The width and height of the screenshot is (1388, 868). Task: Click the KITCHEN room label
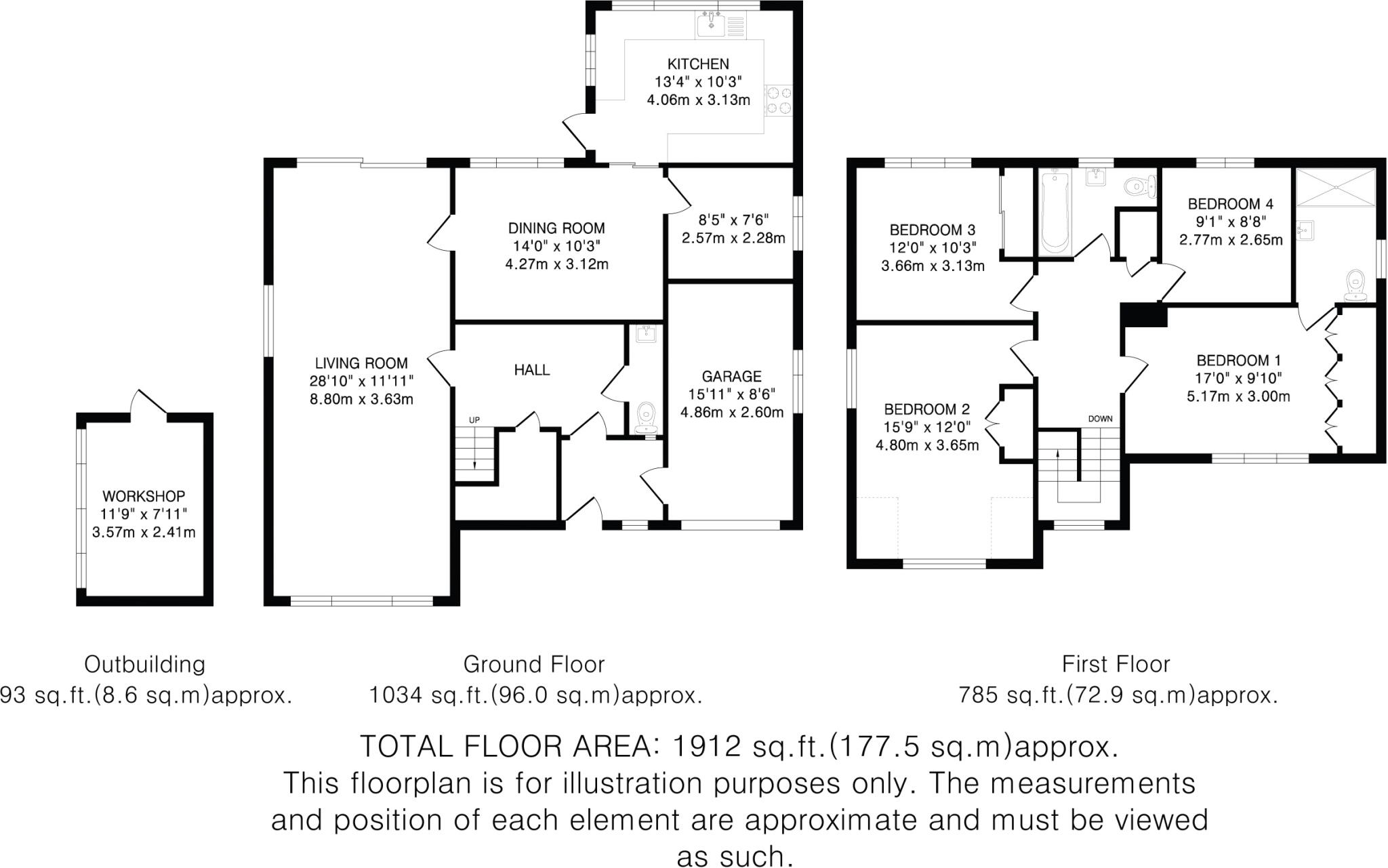click(698, 64)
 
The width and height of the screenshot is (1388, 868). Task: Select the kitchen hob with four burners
click(779, 100)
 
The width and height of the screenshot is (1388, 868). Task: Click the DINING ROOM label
click(556, 228)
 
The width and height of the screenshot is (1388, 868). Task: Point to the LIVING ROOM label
click(361, 364)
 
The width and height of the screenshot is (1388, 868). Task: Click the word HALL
click(532, 370)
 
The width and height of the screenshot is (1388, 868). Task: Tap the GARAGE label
click(731, 377)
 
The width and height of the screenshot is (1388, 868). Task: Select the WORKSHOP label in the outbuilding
click(144, 497)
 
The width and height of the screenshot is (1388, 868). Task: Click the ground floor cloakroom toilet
click(646, 416)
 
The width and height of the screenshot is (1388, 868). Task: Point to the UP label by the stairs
click(474, 421)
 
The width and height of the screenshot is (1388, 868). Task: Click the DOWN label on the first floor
click(1100, 419)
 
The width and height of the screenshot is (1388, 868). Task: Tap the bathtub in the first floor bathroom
click(1054, 210)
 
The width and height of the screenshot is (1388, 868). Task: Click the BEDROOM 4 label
click(1231, 204)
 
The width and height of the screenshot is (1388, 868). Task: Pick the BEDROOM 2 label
click(926, 409)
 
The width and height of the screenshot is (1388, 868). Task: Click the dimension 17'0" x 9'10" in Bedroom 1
click(1238, 378)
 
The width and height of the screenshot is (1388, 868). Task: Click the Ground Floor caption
click(533, 665)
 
